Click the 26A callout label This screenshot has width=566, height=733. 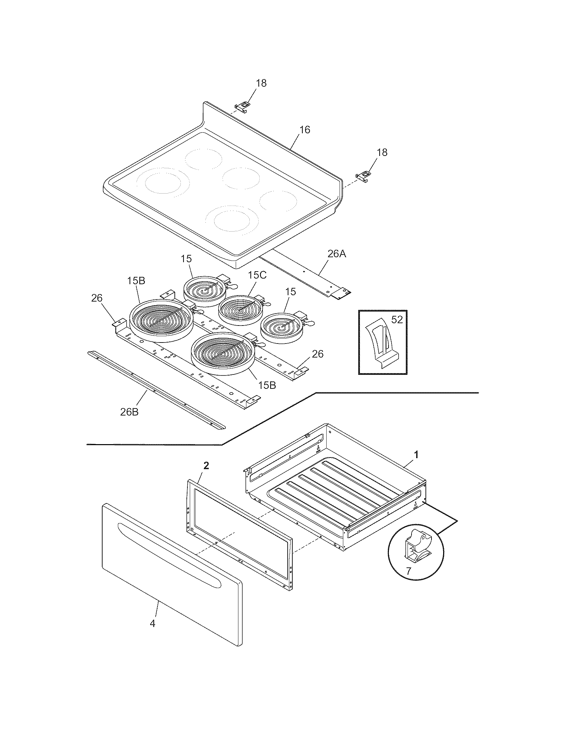[337, 254]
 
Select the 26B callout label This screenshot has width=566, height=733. [129, 412]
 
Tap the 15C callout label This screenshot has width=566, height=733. [257, 275]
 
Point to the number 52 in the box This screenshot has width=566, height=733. [397, 320]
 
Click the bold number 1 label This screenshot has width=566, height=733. [416, 455]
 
